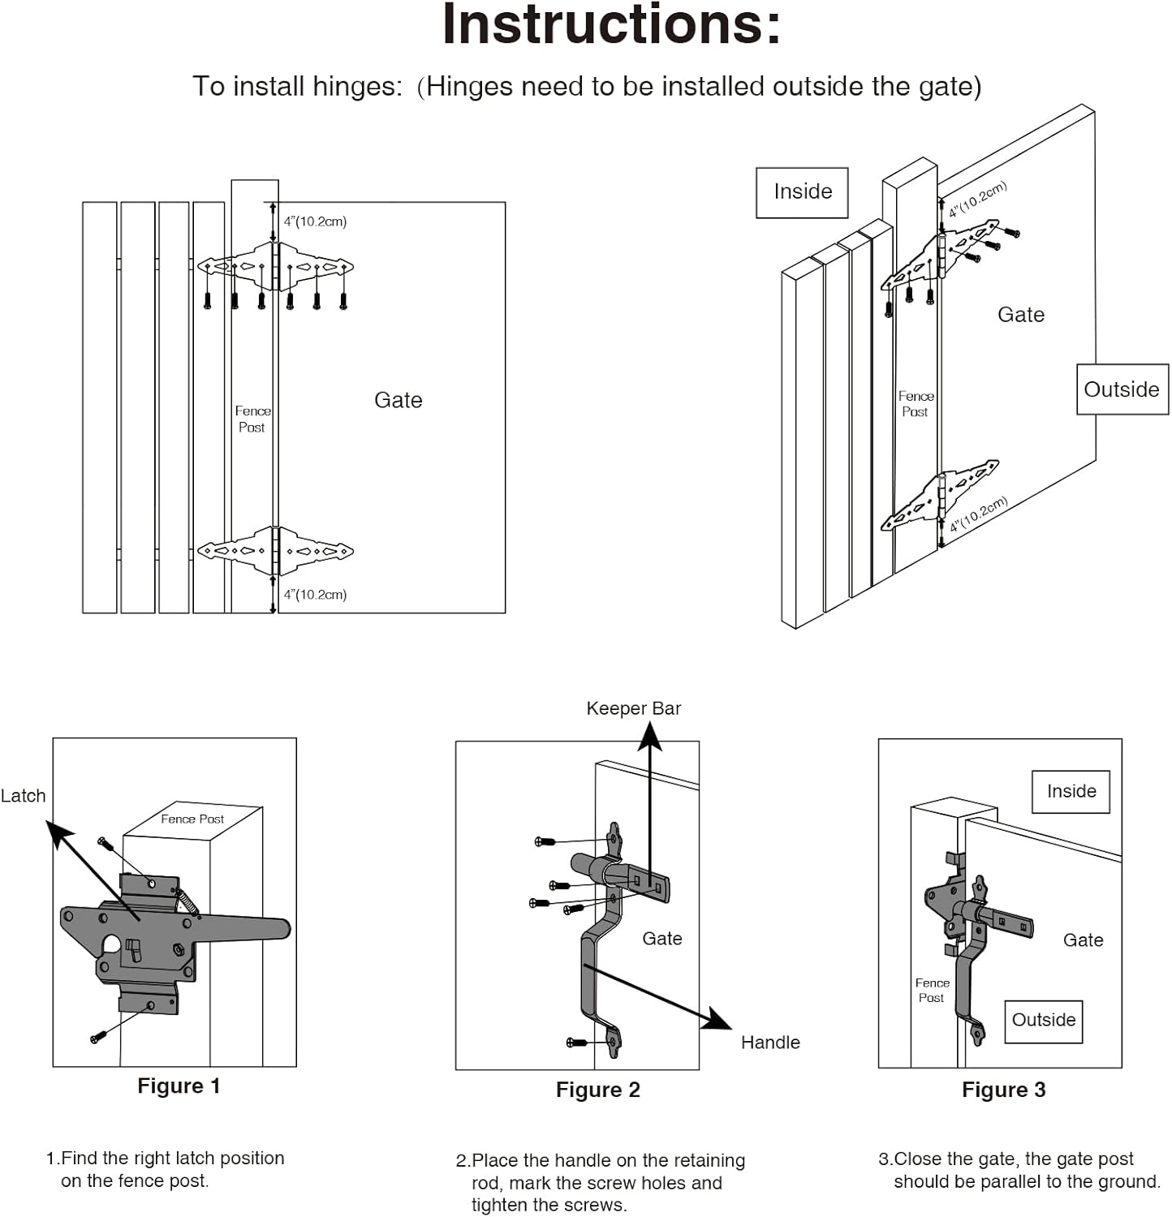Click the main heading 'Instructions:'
611,24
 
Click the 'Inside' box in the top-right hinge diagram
802,192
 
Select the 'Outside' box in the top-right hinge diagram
1122,389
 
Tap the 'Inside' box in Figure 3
1071,791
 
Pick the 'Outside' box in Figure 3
1043,1021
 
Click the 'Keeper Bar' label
633,708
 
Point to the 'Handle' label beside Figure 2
769,1043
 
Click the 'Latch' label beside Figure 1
24,796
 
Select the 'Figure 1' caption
179,1086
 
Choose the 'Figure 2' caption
597,1090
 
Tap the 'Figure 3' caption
1003,1090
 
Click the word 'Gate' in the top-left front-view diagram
398,400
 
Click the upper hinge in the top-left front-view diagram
275,266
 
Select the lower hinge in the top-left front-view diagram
275,551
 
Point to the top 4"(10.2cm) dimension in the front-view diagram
315,221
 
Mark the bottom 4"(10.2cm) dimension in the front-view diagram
315,595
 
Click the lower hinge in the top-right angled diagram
940,496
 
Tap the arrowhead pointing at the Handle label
717,1020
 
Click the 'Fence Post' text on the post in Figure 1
192,819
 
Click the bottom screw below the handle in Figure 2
577,1042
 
